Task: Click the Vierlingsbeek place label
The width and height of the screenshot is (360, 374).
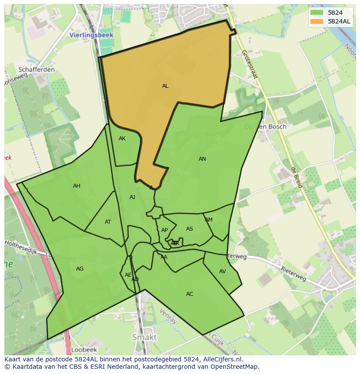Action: tap(91, 35)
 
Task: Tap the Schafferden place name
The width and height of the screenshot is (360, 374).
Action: tap(37, 69)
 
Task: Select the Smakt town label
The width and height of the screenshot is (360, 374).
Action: tap(144, 337)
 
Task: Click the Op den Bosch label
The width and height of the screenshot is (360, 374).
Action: tap(265, 126)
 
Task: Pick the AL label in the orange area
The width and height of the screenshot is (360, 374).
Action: tap(165, 86)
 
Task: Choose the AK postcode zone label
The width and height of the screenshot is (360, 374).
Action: tap(122, 139)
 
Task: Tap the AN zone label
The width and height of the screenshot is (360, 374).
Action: tap(202, 159)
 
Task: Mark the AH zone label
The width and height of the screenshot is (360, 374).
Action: tap(77, 186)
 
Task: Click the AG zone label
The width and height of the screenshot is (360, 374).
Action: tap(80, 269)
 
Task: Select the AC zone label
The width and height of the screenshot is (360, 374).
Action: tap(190, 294)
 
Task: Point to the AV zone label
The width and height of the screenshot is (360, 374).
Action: tap(223, 271)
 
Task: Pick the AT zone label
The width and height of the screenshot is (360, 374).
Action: tap(108, 222)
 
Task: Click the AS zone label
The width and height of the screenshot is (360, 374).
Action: tap(190, 229)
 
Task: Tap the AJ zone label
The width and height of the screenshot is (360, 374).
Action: tap(132, 197)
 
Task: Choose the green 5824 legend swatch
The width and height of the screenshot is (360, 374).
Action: tap(317, 13)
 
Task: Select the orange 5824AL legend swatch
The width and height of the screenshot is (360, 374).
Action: tap(317, 21)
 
